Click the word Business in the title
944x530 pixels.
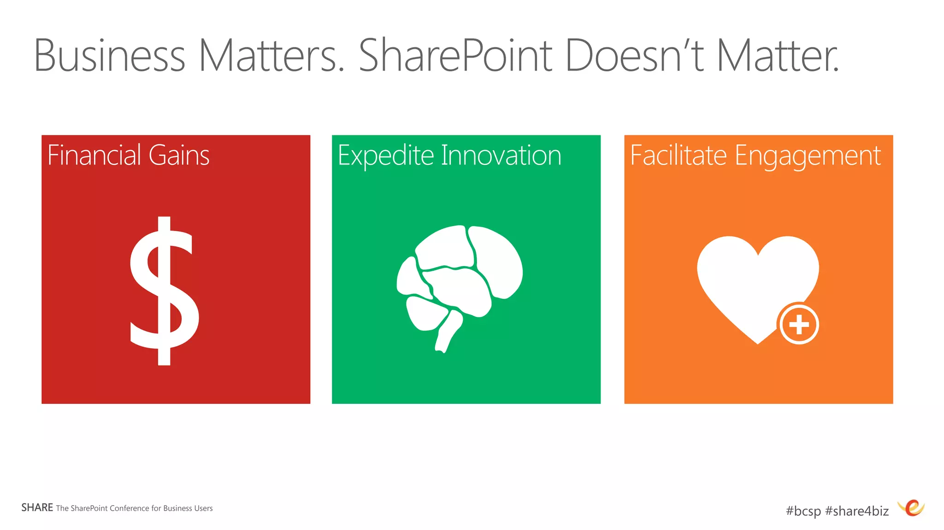click(x=109, y=56)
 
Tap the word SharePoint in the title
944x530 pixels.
click(x=455, y=56)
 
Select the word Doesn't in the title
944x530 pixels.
click(x=634, y=56)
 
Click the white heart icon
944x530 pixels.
click(x=751, y=281)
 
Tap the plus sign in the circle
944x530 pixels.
click(x=799, y=325)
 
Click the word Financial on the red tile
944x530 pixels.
click(x=94, y=155)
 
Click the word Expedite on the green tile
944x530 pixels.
click(x=385, y=156)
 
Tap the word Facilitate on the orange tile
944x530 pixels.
click(x=678, y=155)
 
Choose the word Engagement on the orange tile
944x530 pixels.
click(x=808, y=156)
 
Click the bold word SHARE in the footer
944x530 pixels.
click(x=37, y=507)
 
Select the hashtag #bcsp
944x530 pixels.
click(x=803, y=511)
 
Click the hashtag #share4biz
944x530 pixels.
click(x=857, y=511)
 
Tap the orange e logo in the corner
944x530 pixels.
click(x=912, y=508)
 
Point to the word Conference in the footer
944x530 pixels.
click(x=129, y=508)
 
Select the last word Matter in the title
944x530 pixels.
click(x=778, y=56)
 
